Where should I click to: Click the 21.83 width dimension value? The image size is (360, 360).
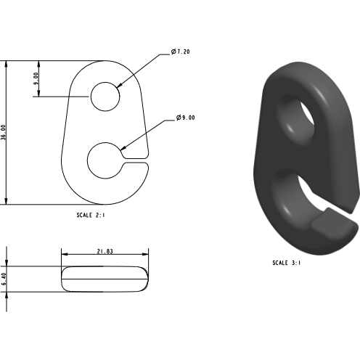pyautogui.click(x=105, y=251)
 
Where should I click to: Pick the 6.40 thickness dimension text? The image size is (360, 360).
pyautogui.click(x=4, y=279)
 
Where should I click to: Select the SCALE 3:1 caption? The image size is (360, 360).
pyautogui.click(x=287, y=263)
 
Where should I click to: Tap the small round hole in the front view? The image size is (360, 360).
pyautogui.click(x=105, y=96)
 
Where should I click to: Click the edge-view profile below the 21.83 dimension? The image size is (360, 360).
pyautogui.click(x=105, y=279)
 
